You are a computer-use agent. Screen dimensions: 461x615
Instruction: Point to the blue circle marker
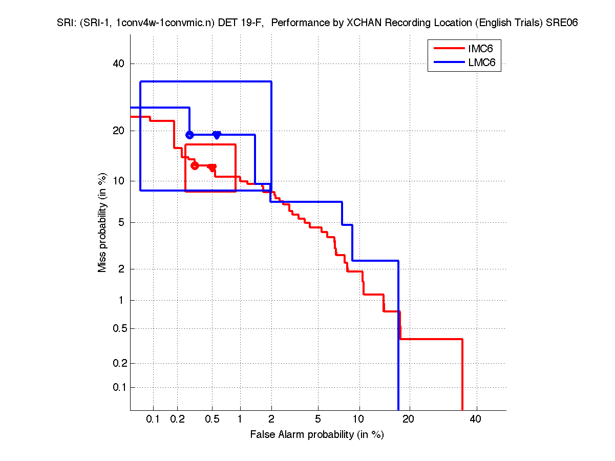189,135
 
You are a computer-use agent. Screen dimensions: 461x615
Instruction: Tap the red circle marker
195,165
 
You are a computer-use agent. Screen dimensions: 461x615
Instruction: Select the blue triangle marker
217,135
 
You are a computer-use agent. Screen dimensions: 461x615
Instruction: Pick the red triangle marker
213,167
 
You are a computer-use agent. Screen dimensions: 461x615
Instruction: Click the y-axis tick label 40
119,64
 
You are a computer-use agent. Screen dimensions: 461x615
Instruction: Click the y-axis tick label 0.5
117,328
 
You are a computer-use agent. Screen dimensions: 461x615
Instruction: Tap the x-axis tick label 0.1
153,420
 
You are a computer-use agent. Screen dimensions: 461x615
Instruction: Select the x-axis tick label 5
318,420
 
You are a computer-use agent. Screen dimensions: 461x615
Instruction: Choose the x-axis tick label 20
408,420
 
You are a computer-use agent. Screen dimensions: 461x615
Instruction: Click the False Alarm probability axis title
317,435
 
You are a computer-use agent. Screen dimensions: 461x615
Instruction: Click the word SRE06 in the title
561,24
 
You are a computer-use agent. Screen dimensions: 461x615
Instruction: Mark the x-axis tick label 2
271,420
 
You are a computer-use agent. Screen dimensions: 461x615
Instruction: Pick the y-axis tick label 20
119,131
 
